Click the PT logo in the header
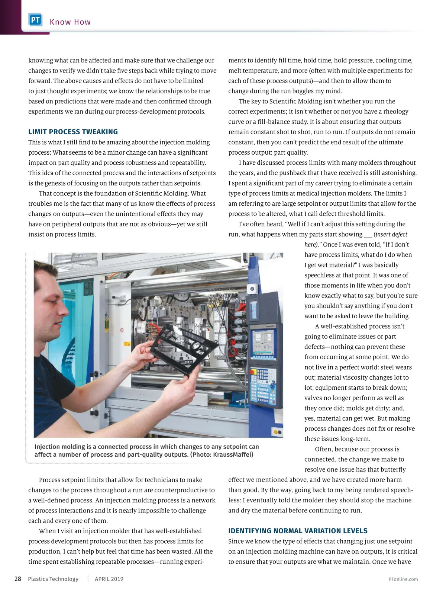(x=35, y=20)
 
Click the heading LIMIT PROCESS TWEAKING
(x=73, y=132)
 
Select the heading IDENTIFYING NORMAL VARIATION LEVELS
(x=298, y=531)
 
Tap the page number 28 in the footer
(x=18, y=579)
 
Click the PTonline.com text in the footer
(x=403, y=579)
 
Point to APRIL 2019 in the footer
(x=109, y=579)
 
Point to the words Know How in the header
(x=70, y=22)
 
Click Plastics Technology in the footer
(x=53, y=579)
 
